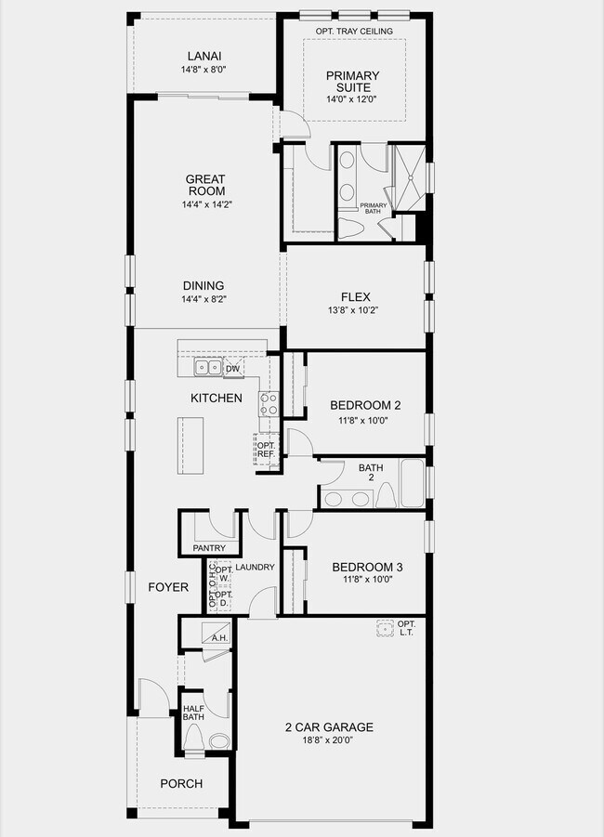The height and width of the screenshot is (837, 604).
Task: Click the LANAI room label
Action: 204,56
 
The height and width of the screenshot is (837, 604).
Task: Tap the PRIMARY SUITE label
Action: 352,82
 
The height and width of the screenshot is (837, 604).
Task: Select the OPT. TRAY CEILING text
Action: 354,32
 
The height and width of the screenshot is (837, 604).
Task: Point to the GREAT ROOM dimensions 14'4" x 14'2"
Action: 205,205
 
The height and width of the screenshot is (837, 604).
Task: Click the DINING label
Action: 204,286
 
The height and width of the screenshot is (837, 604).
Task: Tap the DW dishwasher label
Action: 232,369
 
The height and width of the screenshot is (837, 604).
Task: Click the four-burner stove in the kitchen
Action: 269,404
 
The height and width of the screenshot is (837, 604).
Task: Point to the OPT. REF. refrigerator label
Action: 266,450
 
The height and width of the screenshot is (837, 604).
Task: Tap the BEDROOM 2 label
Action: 365,405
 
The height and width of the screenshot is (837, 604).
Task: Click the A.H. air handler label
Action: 220,638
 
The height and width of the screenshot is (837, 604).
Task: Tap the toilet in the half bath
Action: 194,738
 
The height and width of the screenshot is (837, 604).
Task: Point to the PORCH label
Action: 181,783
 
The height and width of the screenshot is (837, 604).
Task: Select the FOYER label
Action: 168,587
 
